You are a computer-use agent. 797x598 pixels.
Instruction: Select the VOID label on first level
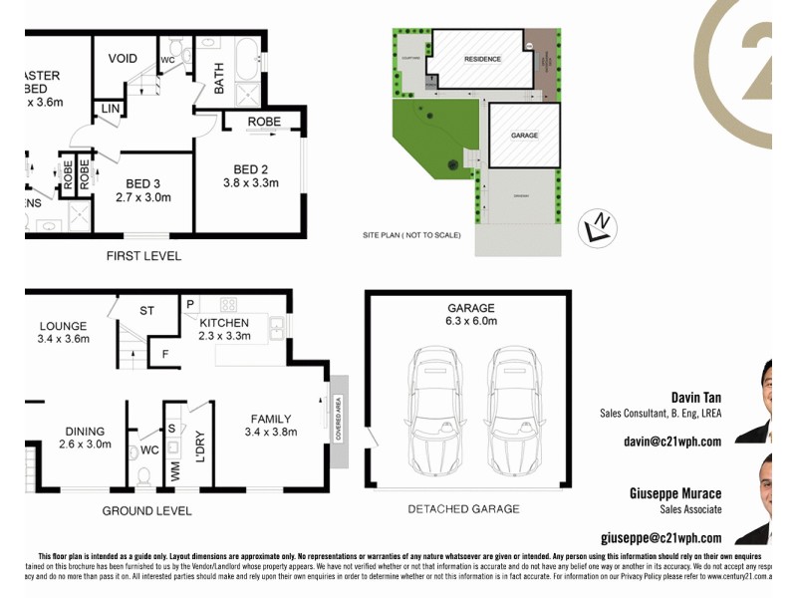(123, 59)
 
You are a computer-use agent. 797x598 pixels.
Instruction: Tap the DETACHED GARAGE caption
(463, 509)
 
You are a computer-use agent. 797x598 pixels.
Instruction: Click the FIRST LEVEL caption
(143, 256)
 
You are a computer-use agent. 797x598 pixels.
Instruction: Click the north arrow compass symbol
(598, 229)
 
